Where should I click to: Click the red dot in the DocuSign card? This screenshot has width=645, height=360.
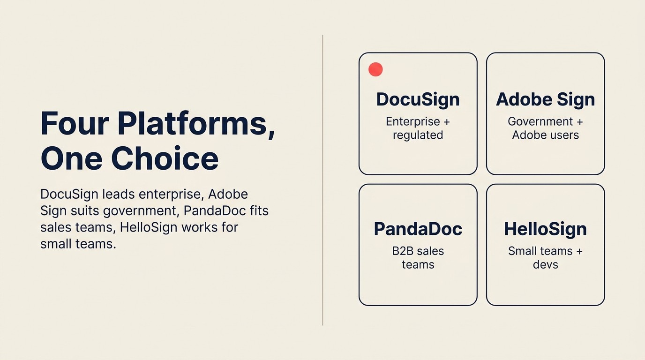click(375, 69)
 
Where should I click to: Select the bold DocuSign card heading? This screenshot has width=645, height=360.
click(418, 99)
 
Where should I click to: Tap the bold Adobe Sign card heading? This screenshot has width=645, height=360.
click(545, 99)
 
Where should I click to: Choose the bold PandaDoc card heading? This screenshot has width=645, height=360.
click(418, 229)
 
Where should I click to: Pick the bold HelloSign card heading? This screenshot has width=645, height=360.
click(545, 229)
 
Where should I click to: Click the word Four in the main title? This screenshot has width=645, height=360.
click(75, 123)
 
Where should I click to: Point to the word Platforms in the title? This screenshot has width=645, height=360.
click(195, 123)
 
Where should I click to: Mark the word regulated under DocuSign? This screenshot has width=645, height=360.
click(418, 135)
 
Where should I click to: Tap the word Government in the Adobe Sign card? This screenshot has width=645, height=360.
click(540, 121)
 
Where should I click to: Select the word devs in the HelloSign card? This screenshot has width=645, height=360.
click(545, 264)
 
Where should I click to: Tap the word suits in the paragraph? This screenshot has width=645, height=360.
click(82, 211)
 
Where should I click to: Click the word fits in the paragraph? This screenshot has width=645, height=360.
click(259, 211)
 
